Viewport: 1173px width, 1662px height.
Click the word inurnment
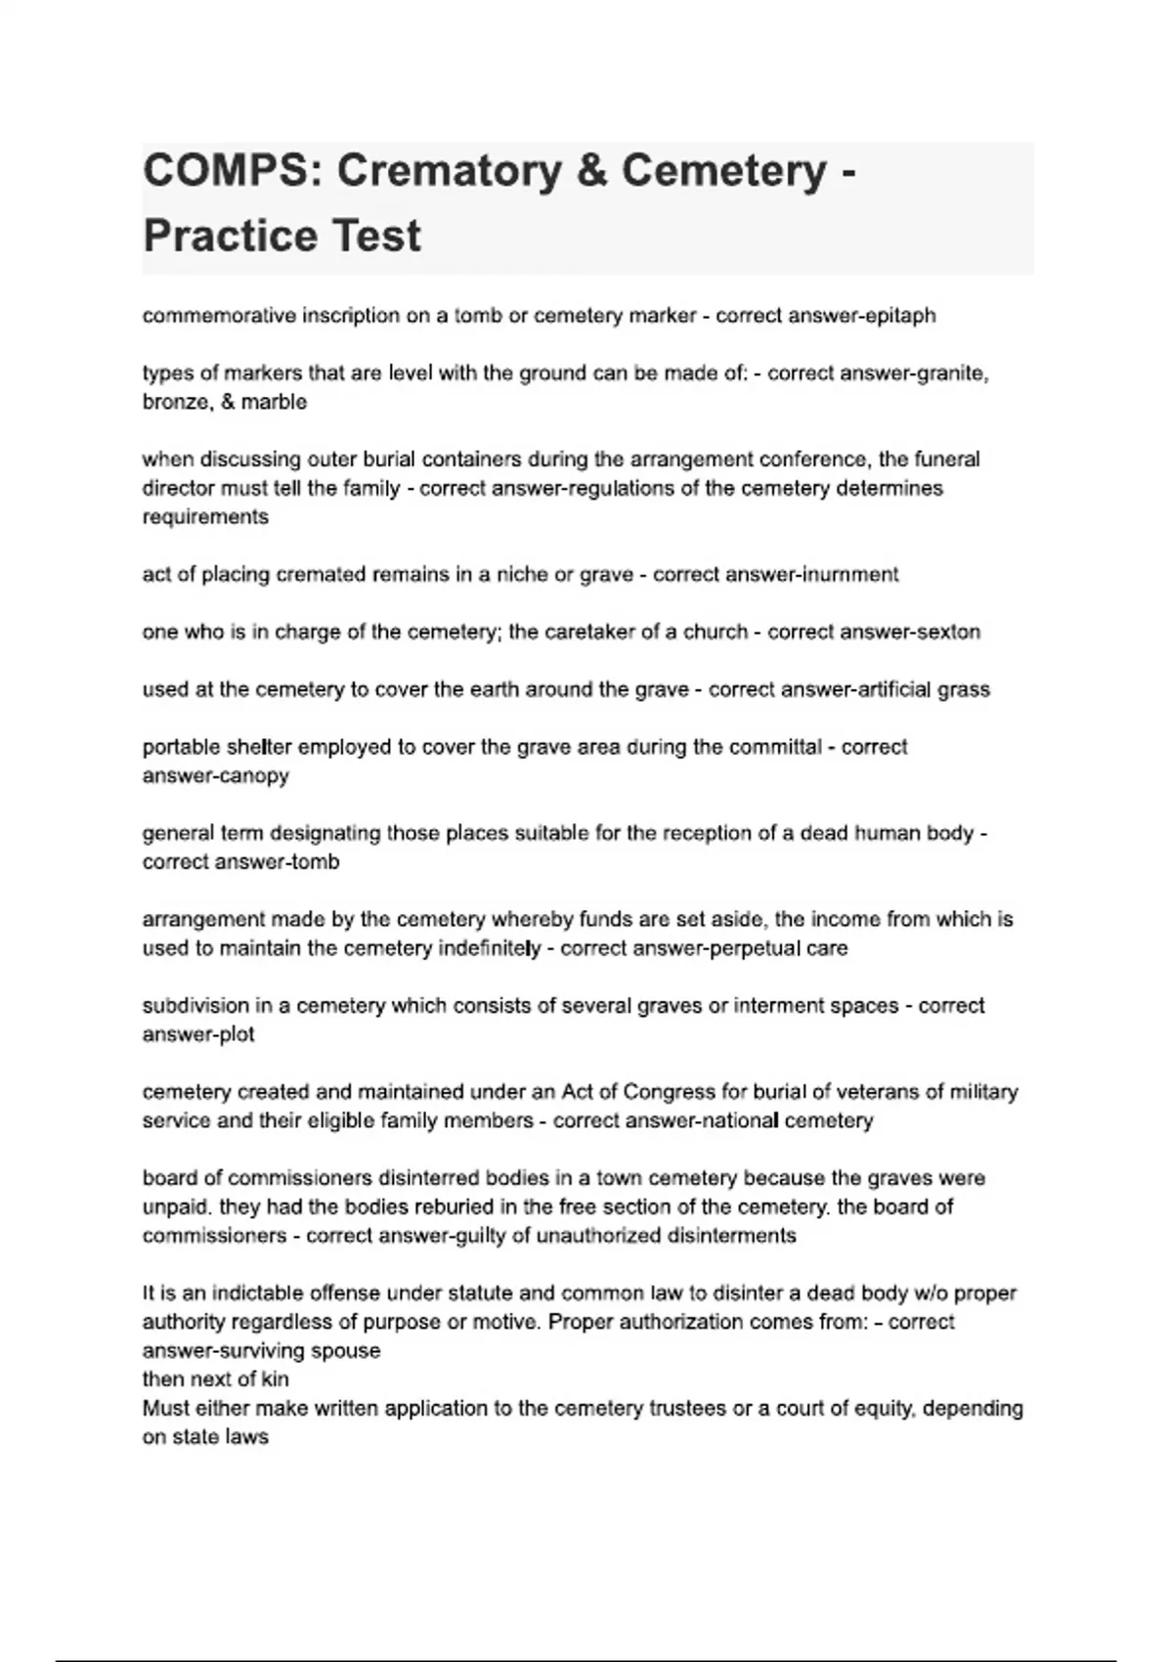click(849, 575)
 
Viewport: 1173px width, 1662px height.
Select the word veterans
click(854, 1092)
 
